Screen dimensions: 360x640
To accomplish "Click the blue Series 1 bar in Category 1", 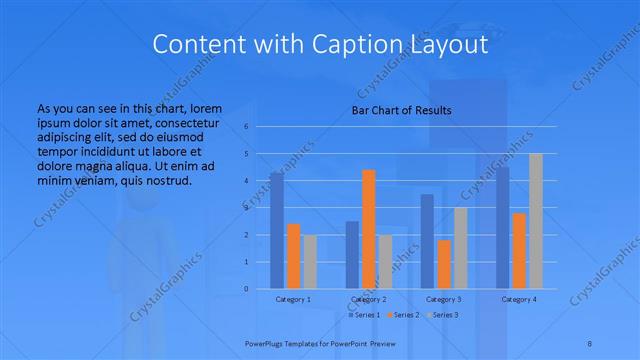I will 276,231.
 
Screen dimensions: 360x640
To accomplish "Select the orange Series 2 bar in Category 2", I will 369,229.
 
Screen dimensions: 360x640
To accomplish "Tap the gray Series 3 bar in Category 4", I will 536,221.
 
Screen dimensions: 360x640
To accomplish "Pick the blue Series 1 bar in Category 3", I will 427,241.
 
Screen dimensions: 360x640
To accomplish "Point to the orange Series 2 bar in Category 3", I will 444,264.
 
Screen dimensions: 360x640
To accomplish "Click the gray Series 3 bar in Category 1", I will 310,262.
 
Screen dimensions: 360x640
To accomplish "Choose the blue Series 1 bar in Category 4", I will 503,228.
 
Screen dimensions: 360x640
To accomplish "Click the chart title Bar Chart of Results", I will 401,110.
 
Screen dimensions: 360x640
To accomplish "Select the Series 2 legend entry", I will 405,315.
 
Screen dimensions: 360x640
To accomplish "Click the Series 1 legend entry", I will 367,315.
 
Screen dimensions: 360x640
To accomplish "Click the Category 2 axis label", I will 369,299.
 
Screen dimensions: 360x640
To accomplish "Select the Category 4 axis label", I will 519,299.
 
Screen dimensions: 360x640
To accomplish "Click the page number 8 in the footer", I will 590,342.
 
